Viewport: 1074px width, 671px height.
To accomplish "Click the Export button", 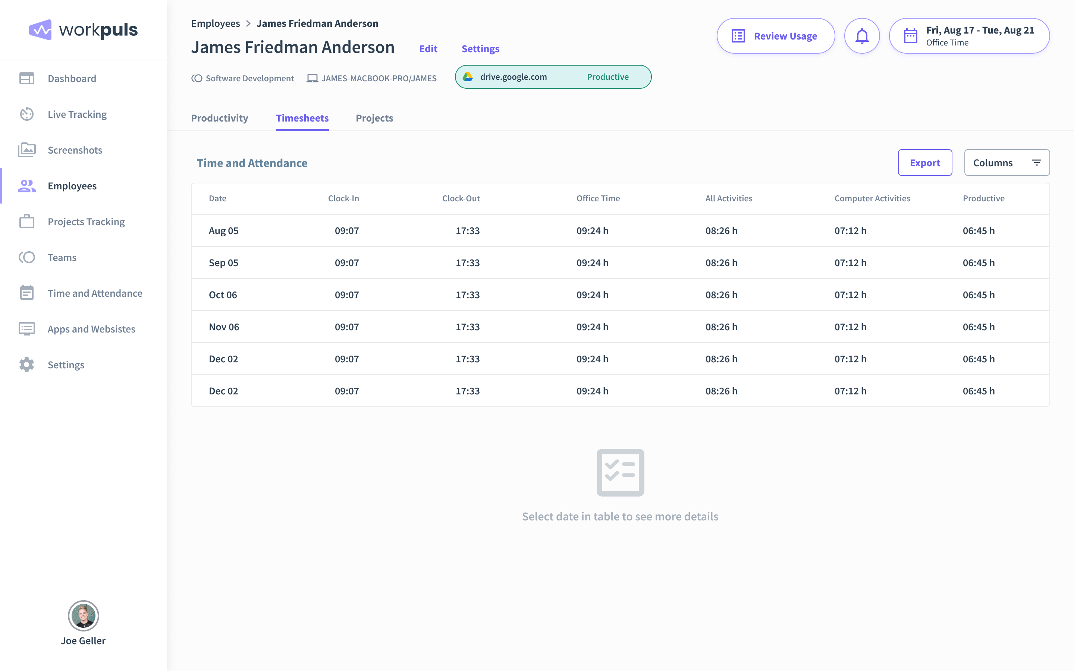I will coord(924,163).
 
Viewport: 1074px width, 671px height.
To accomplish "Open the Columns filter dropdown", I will coord(1006,163).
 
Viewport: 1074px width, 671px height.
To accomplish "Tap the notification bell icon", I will coord(861,36).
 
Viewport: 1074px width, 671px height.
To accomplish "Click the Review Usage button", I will coord(775,36).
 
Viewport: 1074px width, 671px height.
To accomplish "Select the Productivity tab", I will coord(219,118).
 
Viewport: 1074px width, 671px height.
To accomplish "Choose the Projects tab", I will coord(374,118).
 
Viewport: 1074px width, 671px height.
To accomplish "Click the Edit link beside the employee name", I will coord(428,49).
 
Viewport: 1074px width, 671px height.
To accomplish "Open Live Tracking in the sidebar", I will coord(77,114).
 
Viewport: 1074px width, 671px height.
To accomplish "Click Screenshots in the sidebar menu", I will coord(75,150).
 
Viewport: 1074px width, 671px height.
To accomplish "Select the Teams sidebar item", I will coord(62,257).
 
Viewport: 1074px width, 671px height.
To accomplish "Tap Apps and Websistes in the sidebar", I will coord(91,329).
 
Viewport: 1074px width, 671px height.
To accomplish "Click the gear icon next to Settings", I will coord(26,365).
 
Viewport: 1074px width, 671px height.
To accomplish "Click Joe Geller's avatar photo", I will coord(83,616).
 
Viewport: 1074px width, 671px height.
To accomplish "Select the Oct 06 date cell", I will coord(223,294).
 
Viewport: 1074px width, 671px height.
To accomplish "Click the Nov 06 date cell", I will coord(224,327).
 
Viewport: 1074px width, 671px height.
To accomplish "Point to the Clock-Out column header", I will coord(461,198).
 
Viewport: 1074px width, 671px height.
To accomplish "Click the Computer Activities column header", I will coord(872,198).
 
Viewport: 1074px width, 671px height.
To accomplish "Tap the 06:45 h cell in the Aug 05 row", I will coord(978,231).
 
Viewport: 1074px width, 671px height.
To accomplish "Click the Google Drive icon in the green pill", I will coord(468,77).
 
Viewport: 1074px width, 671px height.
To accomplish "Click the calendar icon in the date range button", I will coord(910,36).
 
